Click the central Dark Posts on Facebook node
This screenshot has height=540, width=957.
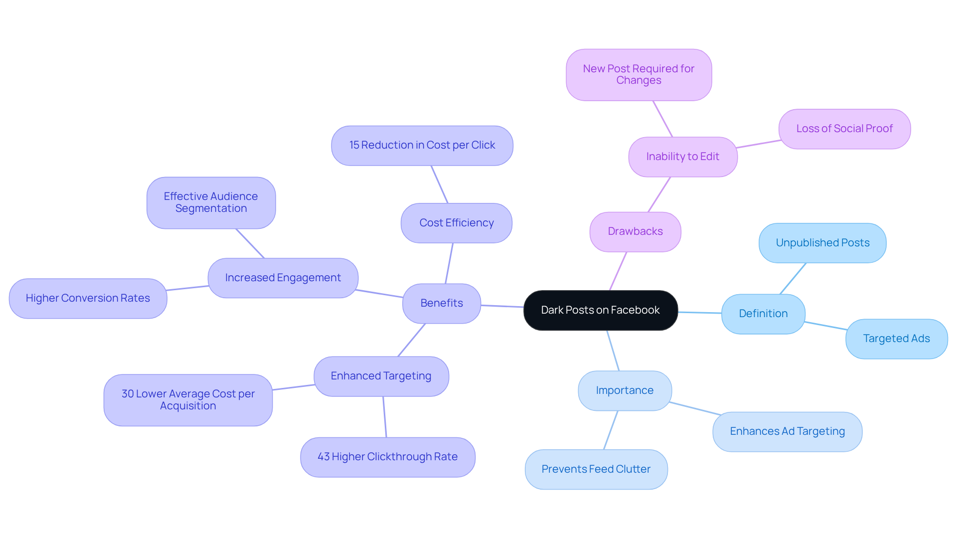(x=600, y=310)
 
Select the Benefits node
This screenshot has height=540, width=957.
(x=442, y=303)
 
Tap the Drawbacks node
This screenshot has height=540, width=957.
(x=635, y=231)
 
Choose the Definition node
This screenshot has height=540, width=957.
(x=763, y=314)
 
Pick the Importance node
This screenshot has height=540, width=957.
(x=625, y=390)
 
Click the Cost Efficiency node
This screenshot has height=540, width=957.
(x=457, y=223)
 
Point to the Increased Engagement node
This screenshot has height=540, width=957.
(x=283, y=278)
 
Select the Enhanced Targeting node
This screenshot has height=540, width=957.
(x=381, y=376)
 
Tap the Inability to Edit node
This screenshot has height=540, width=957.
(x=682, y=157)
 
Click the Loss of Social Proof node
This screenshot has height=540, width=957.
(x=844, y=129)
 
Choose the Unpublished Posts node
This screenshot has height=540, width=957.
(x=822, y=243)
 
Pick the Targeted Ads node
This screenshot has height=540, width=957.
(x=896, y=339)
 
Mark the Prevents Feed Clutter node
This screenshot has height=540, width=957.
(x=596, y=469)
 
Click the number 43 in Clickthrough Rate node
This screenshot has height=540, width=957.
(x=323, y=457)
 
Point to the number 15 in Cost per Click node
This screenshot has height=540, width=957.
(x=354, y=145)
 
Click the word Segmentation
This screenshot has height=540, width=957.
(x=211, y=208)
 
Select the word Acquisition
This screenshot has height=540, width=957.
(x=188, y=406)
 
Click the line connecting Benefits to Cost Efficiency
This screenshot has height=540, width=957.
(x=449, y=263)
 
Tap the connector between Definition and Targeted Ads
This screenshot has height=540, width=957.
(x=825, y=326)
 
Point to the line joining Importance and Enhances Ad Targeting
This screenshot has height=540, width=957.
(x=694, y=408)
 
